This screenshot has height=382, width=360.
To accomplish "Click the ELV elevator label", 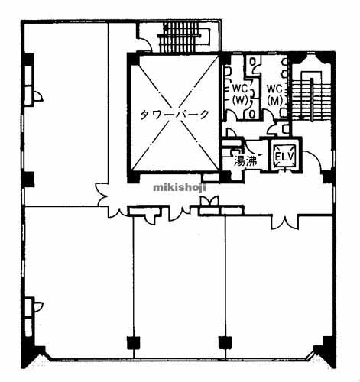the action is (285, 157).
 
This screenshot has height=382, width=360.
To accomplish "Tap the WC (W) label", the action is (240, 95).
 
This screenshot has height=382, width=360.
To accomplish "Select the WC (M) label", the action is (275, 95).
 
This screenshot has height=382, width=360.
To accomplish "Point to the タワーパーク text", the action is (175, 115).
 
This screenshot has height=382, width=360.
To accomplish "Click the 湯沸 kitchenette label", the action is (245, 161).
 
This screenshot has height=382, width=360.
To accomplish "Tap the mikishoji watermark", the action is (180, 188).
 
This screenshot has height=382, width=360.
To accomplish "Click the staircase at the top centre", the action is (183, 37).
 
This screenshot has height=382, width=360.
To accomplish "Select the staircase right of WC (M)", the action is (311, 96).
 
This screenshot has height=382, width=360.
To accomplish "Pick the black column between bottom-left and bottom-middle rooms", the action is (134, 342).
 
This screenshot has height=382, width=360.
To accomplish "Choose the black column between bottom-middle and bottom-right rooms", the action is (225, 342).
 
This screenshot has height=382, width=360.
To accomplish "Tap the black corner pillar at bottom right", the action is (327, 353).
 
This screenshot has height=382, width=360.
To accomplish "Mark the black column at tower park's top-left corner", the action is (133, 59).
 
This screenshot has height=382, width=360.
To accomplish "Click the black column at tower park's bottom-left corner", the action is (133, 177).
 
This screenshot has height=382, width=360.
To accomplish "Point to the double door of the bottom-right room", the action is (285, 223).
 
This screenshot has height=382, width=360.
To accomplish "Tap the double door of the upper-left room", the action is (102, 194).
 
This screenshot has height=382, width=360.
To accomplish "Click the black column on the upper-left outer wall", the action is (28, 60).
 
